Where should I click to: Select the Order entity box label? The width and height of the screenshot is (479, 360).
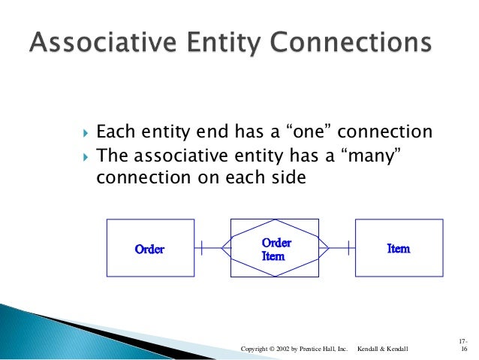coord(149,249)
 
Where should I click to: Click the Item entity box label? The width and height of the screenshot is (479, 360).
coord(398,248)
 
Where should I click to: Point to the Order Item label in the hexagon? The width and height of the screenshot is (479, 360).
coord(276,250)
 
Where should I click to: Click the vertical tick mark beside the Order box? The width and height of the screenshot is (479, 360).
coord(201,247)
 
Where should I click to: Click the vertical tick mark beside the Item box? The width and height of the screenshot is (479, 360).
coord(348,247)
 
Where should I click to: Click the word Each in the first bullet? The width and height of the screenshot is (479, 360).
coord(114,133)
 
